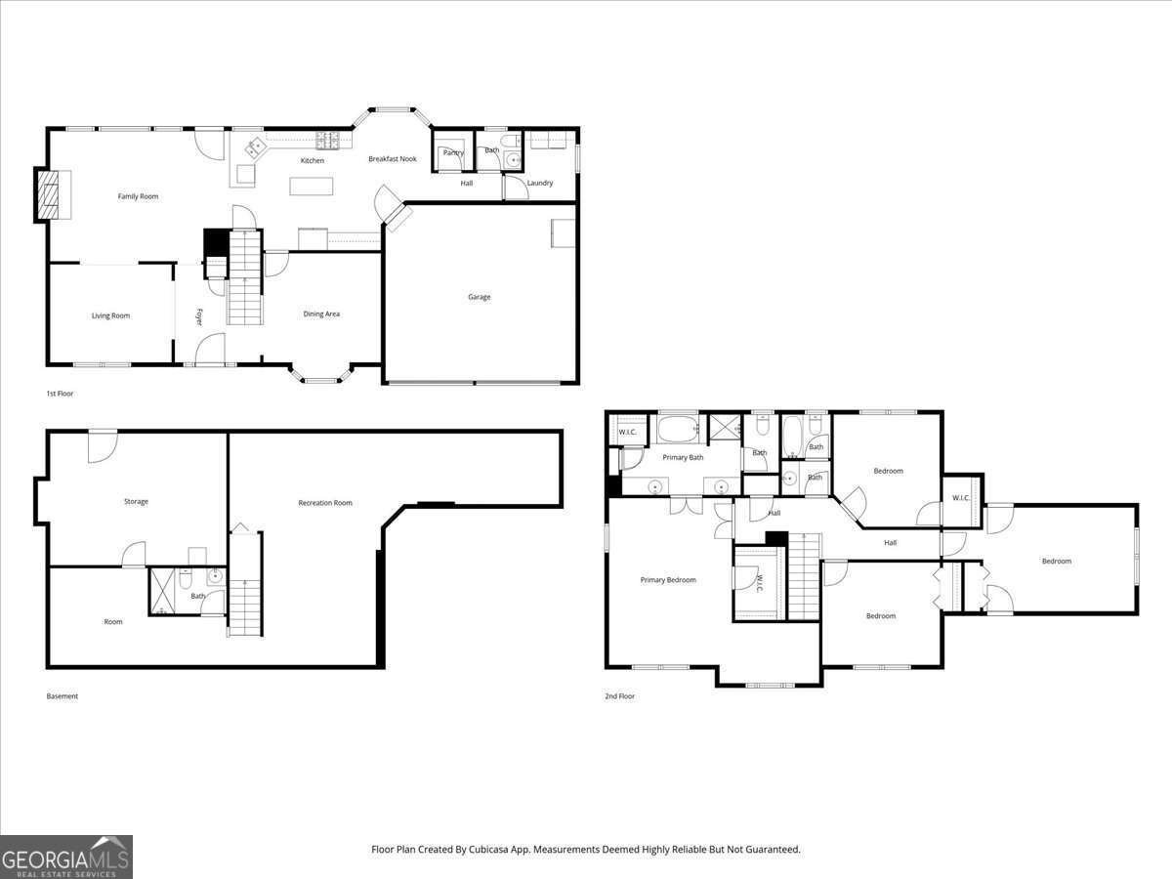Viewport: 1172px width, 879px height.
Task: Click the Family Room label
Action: [138, 196]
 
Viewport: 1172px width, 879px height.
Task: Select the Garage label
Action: [479, 297]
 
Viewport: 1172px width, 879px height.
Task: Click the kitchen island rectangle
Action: [311, 186]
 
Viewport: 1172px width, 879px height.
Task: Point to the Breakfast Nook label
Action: [392, 159]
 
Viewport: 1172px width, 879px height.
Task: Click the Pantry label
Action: [453, 152]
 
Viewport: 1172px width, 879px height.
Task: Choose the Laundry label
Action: [540, 183]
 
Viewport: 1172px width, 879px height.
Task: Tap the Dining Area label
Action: [321, 314]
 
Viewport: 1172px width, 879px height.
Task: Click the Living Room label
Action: [110, 315]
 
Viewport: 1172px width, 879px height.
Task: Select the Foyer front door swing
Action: [210, 349]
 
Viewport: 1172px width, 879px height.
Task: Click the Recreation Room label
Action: [325, 503]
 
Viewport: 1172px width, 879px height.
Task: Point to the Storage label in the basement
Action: [136, 502]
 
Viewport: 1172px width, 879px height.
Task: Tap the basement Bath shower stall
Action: [162, 592]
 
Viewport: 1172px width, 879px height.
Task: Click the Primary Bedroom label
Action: [668, 580]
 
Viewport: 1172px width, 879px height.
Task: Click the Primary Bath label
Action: [683, 457]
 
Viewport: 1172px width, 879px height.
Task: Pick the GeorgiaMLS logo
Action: [66, 857]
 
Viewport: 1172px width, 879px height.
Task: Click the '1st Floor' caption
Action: [60, 394]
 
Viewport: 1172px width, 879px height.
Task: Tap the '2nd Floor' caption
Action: [619, 696]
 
